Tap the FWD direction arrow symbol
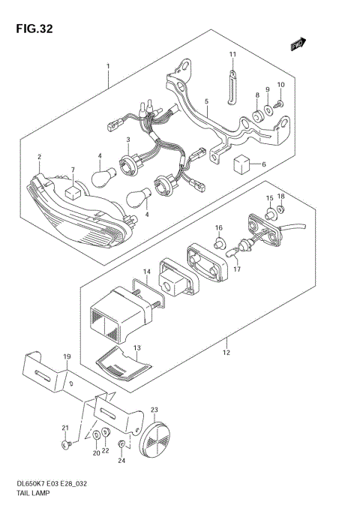[299, 45]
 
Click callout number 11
[232, 55]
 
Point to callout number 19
[66, 356]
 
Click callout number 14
[147, 272]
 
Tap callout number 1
[108, 66]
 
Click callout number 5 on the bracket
[206, 101]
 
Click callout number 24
[122, 461]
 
